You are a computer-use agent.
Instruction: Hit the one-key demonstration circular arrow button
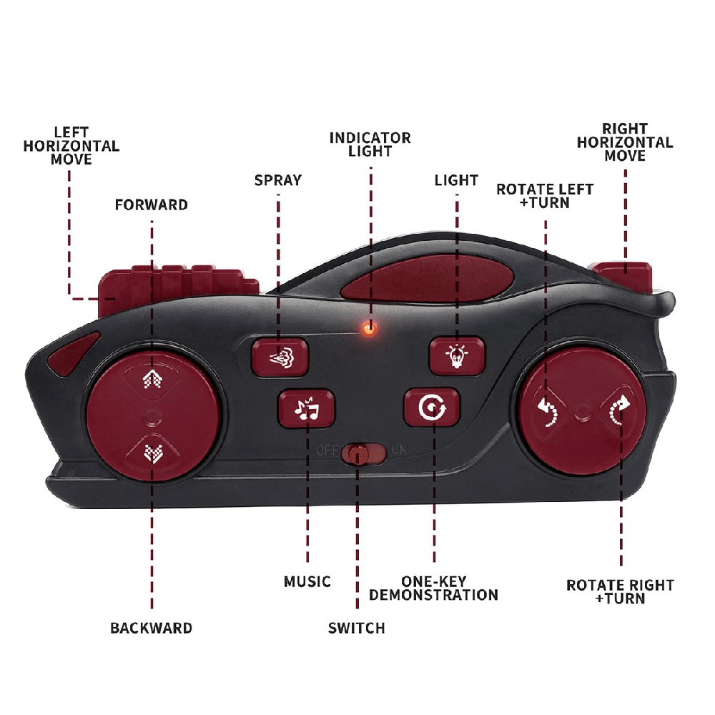[432, 408]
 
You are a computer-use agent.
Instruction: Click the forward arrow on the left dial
[152, 378]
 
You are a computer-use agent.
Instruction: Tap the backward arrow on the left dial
[152, 452]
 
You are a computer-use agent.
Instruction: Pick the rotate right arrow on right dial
[618, 410]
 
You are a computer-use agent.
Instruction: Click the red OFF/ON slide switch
[357, 453]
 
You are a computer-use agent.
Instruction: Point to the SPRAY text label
[278, 180]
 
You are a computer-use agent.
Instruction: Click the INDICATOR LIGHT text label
[370, 144]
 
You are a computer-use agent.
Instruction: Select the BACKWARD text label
[151, 628]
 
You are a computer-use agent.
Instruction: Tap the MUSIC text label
[307, 582]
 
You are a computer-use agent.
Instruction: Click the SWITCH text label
[356, 628]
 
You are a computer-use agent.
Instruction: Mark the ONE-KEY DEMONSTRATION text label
[433, 588]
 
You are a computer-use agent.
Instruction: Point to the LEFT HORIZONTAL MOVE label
[71, 145]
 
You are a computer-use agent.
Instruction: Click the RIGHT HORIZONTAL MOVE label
[625, 142]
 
